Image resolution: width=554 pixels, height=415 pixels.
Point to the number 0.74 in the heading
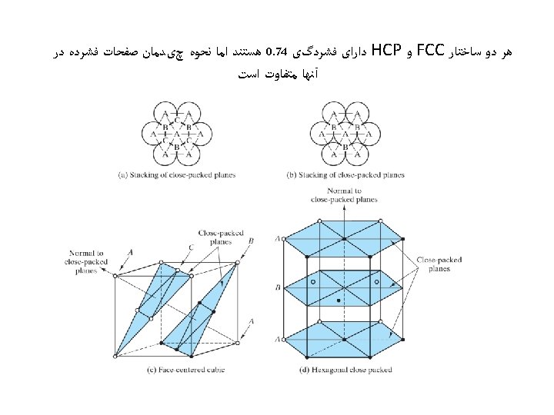(x=275, y=53)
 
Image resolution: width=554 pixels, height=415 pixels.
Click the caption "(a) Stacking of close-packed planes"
(x=176, y=174)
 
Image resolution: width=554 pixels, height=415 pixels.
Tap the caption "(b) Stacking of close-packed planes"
(x=345, y=174)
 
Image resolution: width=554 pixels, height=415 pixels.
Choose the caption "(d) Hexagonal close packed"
(x=345, y=370)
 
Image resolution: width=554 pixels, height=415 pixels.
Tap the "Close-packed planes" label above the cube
(x=215, y=237)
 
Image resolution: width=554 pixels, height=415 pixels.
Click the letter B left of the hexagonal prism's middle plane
(x=277, y=288)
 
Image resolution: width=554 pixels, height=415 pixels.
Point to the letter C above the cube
(x=190, y=247)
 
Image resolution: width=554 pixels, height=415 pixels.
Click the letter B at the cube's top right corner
(x=251, y=241)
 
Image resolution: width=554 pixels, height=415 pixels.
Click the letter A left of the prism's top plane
(x=277, y=239)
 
